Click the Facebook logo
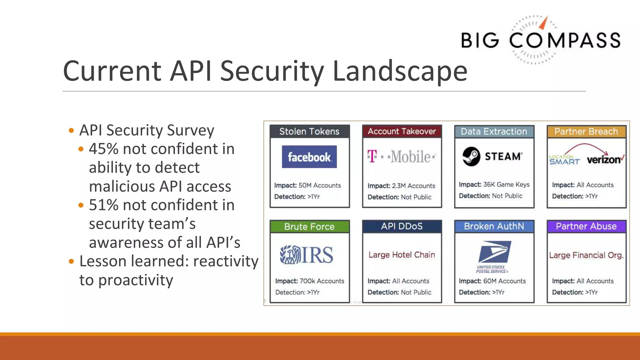(309, 157)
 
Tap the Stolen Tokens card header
(309, 132)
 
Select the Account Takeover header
(402, 132)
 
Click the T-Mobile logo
(401, 157)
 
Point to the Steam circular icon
(471, 156)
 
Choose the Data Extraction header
(494, 132)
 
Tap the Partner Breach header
(586, 132)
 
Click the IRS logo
(307, 255)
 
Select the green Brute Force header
(309, 227)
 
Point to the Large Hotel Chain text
(402, 255)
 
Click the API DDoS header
(402, 226)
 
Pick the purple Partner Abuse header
(586, 226)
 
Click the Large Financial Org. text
(586, 255)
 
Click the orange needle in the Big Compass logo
(544, 23)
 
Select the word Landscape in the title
(400, 71)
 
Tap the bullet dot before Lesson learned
(71, 261)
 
